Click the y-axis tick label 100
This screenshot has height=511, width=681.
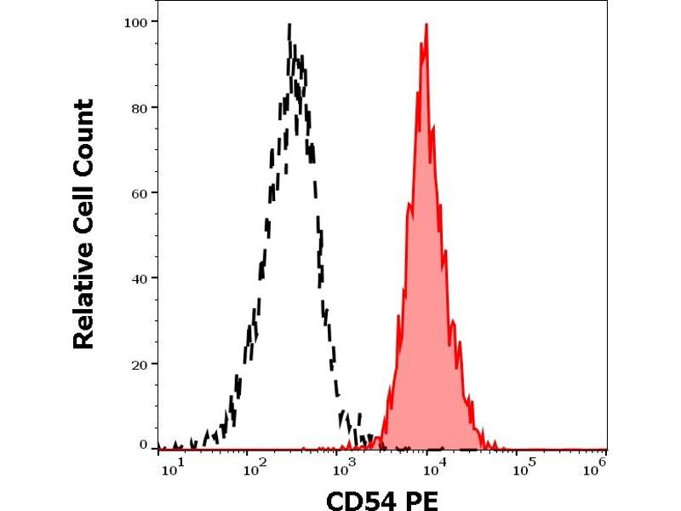point(136,20)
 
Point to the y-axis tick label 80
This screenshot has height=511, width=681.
point(140,107)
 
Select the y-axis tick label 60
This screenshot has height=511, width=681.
point(140,192)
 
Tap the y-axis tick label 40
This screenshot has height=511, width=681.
point(140,278)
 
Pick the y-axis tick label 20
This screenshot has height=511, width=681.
point(140,364)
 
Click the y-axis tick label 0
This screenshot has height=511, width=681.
point(143,445)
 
